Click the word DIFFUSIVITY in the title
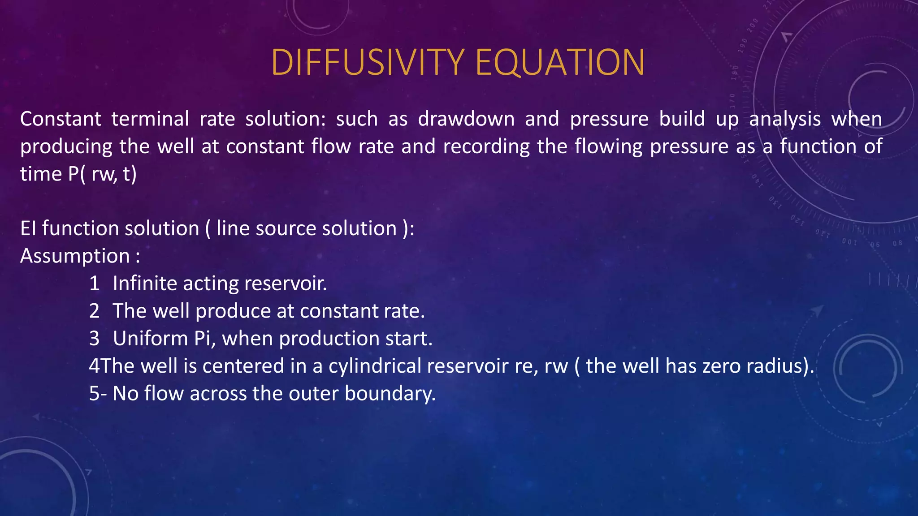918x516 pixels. coord(368,62)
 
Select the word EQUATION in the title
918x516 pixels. coord(560,62)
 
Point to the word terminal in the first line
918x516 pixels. coord(150,119)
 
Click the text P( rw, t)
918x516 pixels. coord(102,174)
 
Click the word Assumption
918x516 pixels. coord(75,256)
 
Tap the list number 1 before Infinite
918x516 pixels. coord(94,284)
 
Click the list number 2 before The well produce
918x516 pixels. coord(94,311)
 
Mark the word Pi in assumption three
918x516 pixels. coord(204,338)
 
